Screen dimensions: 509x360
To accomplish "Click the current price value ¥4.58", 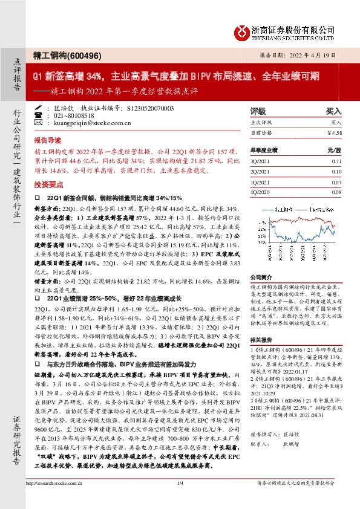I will click(334, 132).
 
